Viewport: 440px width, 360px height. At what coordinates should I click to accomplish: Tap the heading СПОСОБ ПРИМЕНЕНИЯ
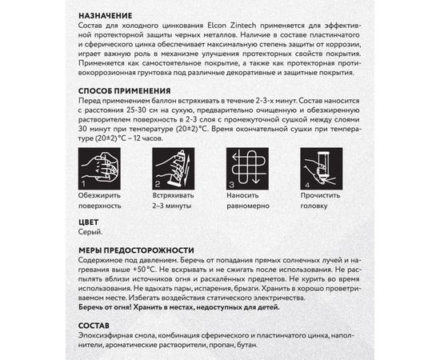click(126, 91)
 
